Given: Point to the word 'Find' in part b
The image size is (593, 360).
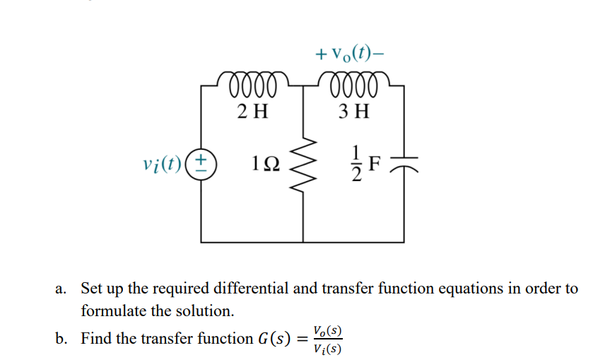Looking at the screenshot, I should [x=97, y=338].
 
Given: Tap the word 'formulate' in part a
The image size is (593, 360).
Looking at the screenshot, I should [x=112, y=310].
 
